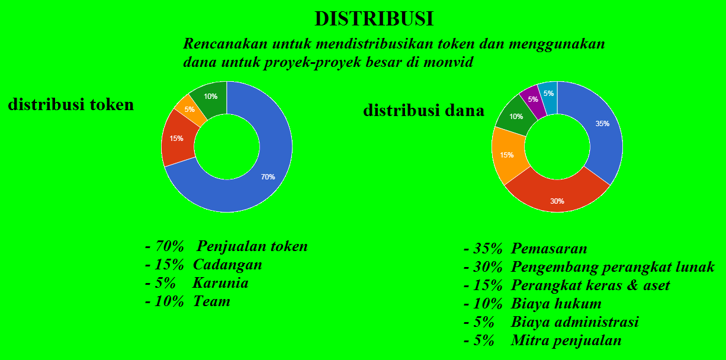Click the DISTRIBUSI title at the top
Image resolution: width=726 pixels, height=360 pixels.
tap(374, 19)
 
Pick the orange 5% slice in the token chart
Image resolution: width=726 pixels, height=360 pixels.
tap(190, 110)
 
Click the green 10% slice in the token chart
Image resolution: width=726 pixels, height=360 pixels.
tap(211, 97)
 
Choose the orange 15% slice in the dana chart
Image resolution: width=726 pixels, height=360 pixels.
tap(507, 155)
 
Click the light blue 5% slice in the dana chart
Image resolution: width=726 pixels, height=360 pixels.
tap(549, 94)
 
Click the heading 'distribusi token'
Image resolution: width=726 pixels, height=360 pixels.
tap(70, 104)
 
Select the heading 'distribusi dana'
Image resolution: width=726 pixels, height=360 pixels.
tap(423, 110)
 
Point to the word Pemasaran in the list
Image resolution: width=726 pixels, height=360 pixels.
tap(549, 249)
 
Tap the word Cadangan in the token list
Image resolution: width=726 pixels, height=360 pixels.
tap(227, 265)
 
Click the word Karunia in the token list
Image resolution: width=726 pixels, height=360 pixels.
tap(220, 283)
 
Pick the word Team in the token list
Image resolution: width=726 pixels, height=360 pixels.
tap(211, 301)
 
